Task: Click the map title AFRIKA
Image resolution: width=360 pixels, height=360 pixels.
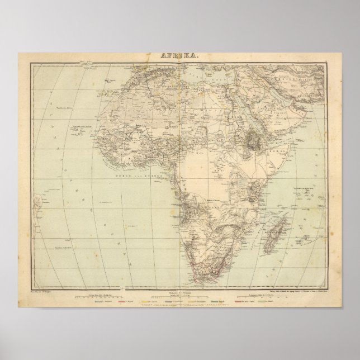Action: tap(179, 56)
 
